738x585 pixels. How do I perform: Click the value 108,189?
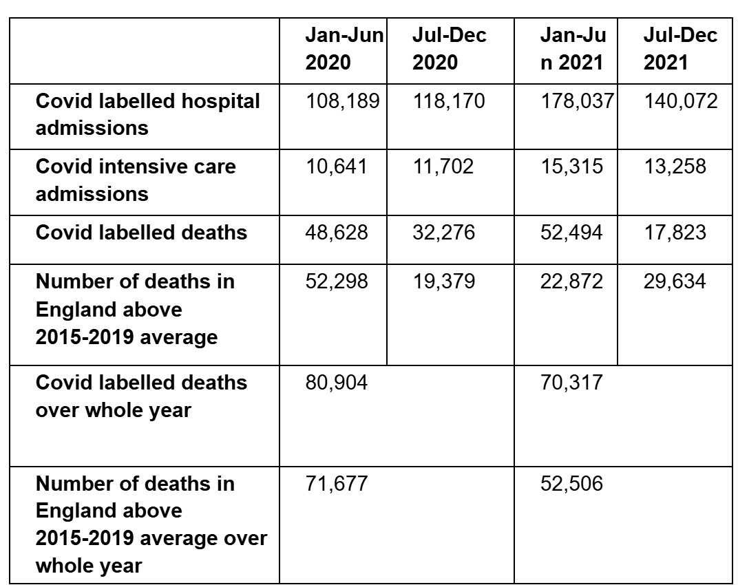coord(342,102)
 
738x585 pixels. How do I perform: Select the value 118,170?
coord(449,102)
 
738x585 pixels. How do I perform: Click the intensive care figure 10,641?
coord(336,167)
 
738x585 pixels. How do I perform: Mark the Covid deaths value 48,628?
coord(336,232)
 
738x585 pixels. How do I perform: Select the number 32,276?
coord(443,232)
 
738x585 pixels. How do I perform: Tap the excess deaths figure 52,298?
coord(336,281)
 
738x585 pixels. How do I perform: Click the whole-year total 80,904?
coord(336,383)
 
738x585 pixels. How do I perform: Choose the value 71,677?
coord(336,484)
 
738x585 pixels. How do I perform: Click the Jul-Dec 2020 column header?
coord(449,49)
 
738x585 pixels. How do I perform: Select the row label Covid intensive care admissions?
coord(136,180)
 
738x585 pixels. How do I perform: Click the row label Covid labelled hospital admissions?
coord(147,114)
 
